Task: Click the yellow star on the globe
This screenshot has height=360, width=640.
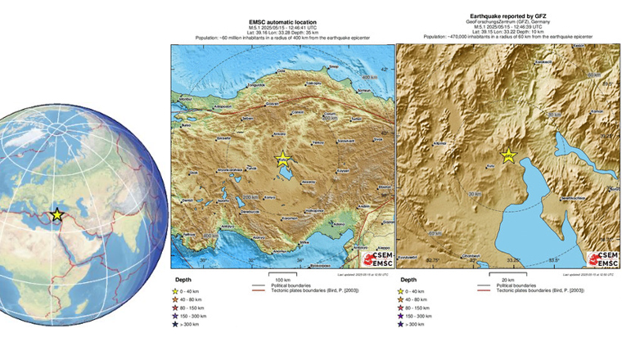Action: point(56,214)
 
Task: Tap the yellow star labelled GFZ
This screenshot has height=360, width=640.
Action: point(507,155)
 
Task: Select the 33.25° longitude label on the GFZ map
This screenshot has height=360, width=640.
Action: point(514,261)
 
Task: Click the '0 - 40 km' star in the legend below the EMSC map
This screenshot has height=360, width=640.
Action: point(175,290)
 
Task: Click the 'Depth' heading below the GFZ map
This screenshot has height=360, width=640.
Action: point(408,281)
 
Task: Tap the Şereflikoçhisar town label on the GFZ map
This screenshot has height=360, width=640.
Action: point(574,199)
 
